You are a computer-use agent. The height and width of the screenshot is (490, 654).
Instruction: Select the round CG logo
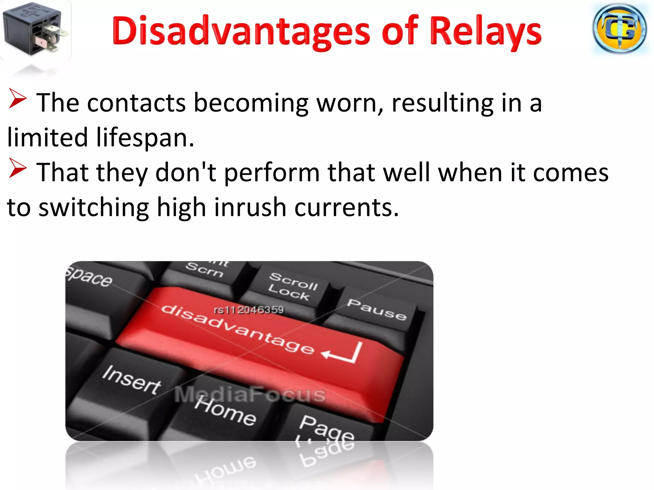pyautogui.click(x=620, y=29)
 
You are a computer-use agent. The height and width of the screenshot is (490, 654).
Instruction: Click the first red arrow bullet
pyautogui.click(x=18, y=99)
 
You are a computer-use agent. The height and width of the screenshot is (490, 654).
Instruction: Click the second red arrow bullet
pyautogui.click(x=18, y=168)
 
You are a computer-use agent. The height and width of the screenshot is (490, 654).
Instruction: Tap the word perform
pyautogui.click(x=272, y=173)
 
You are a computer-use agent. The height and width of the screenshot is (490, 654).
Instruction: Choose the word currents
pyautogui.click(x=346, y=208)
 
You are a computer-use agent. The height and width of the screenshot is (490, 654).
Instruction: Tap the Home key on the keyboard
pyautogui.click(x=225, y=412)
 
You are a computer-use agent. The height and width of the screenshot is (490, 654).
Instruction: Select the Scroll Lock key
pyautogui.click(x=292, y=286)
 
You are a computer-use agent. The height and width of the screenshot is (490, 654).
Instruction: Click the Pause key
pyautogui.click(x=377, y=309)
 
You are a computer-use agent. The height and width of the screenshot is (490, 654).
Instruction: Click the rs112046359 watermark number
pyautogui.click(x=249, y=310)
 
